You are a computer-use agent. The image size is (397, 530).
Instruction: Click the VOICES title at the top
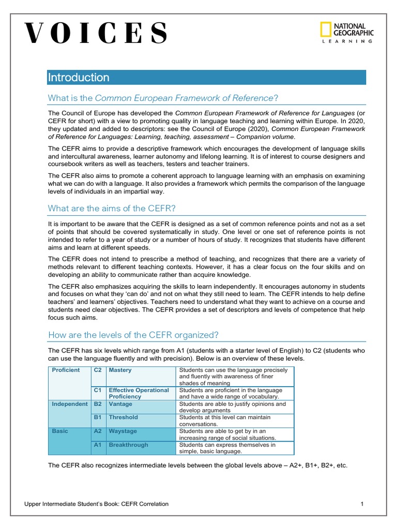click(96, 34)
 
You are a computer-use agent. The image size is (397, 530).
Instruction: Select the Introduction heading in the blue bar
click(79, 78)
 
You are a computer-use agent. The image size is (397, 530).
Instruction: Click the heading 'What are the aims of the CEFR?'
click(112, 208)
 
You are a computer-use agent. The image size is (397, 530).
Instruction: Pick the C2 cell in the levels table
click(98, 371)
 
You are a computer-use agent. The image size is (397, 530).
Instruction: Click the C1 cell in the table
click(98, 390)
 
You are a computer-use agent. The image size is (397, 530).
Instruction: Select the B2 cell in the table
click(98, 404)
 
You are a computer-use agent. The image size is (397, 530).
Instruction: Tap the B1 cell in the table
click(98, 417)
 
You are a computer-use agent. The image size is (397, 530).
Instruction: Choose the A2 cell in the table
click(98, 431)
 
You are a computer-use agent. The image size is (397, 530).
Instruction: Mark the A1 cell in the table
click(98, 445)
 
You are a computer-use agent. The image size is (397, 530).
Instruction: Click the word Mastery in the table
click(120, 371)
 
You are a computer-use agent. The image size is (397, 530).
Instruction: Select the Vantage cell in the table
click(120, 404)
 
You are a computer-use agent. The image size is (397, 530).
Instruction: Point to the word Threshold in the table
click(124, 417)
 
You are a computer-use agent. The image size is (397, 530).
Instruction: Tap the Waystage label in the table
click(123, 431)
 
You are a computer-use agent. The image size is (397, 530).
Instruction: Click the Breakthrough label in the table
click(128, 445)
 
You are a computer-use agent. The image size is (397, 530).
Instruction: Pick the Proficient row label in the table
click(66, 371)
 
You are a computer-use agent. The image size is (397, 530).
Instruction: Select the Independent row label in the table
click(70, 404)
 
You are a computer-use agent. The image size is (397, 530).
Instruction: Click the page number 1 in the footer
click(362, 504)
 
